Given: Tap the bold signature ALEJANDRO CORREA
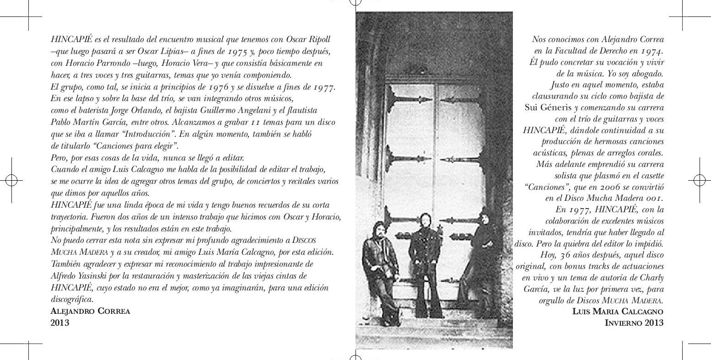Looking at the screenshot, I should pyautogui.click(x=90, y=312).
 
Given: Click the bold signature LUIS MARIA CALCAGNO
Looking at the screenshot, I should pyautogui.click(x=618, y=312).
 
